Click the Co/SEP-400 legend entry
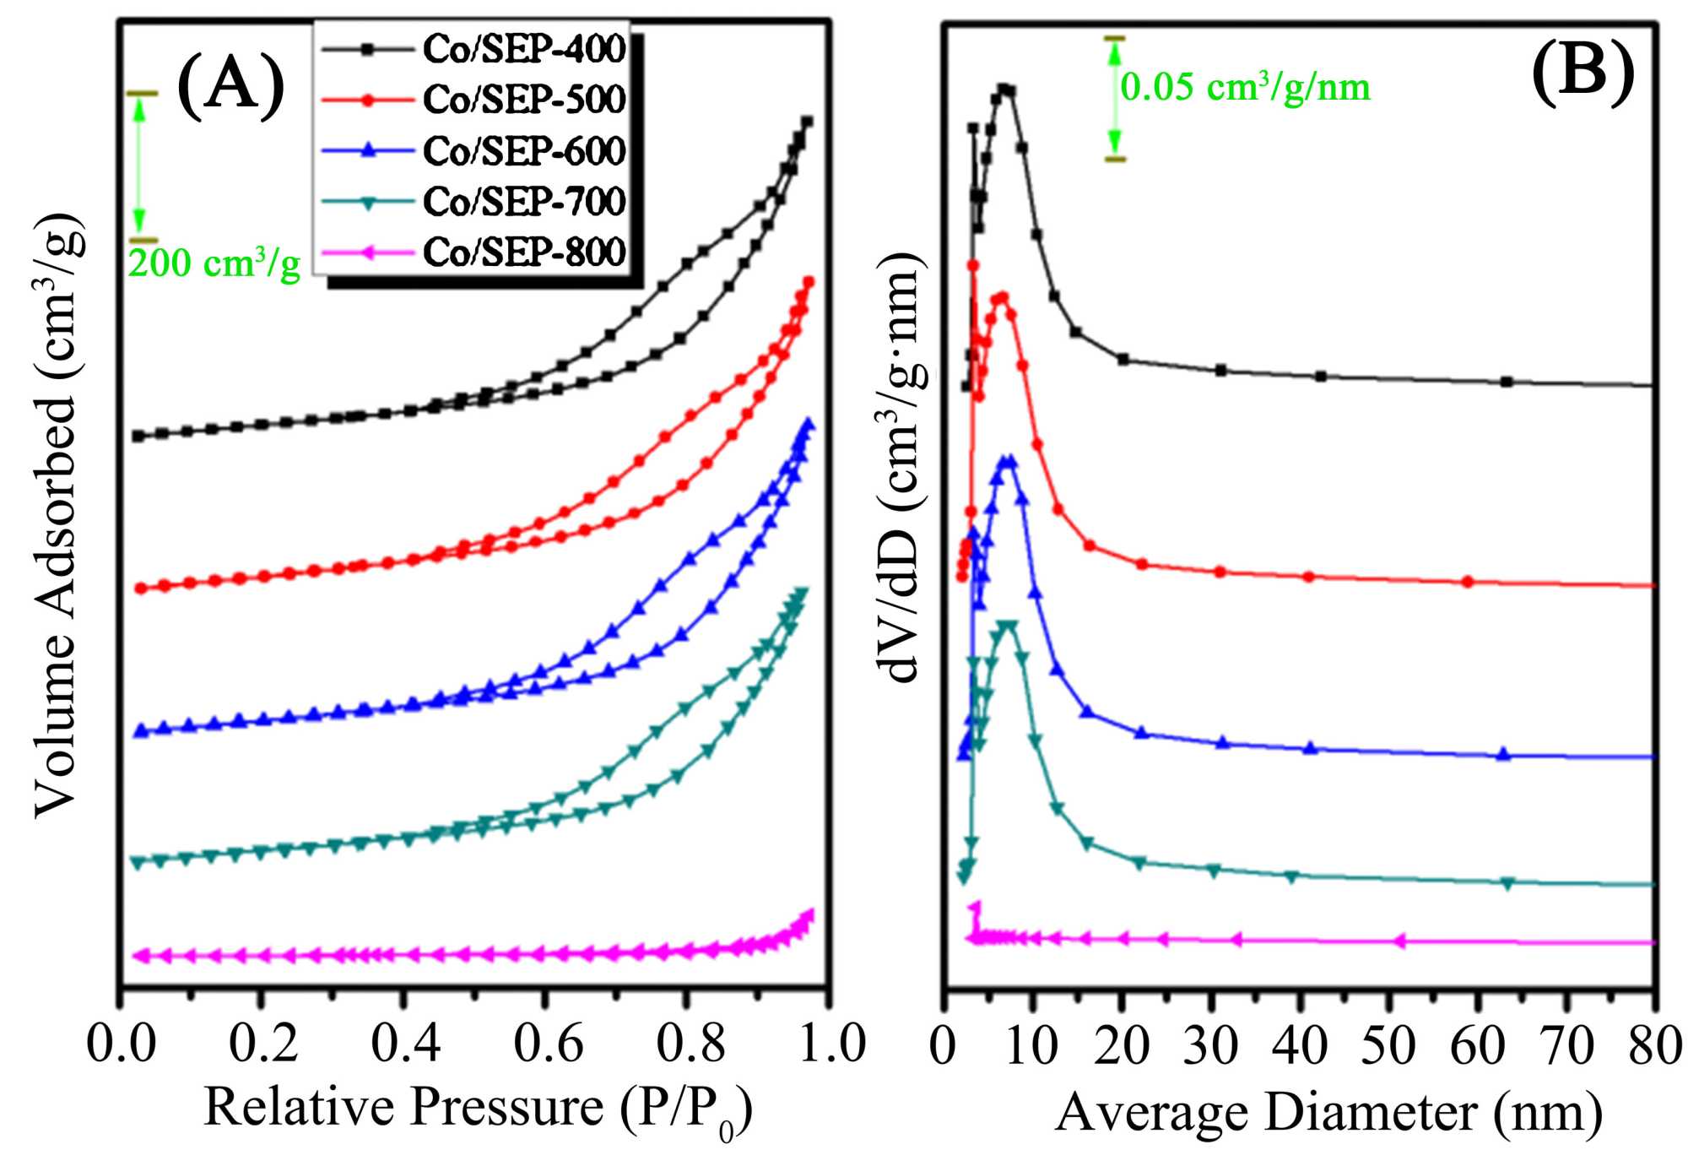(523, 49)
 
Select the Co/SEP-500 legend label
(523, 100)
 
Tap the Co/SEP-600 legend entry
(523, 151)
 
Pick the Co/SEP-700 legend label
(523, 202)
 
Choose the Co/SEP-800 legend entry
(523, 252)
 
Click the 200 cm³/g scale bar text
(214, 263)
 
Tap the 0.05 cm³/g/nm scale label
(1245, 87)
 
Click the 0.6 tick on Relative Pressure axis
(548, 1044)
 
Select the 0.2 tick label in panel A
(262, 1044)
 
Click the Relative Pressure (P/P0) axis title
(478, 1108)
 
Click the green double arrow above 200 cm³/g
(140, 166)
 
